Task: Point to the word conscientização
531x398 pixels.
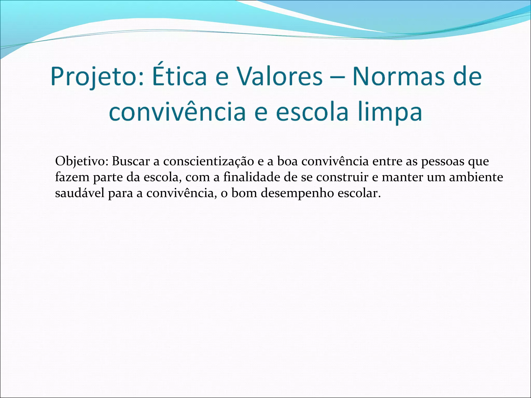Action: click(208, 161)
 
